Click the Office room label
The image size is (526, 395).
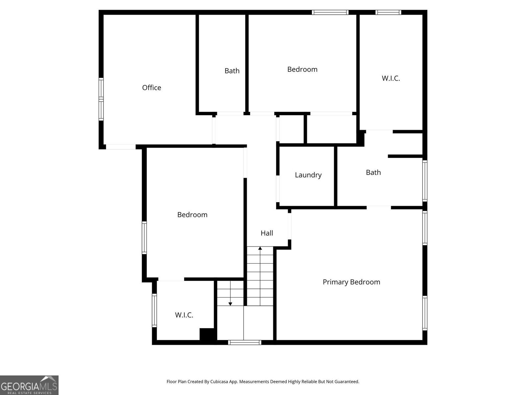152,88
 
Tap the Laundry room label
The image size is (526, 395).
308,175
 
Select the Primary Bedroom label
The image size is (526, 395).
351,282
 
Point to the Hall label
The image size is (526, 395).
267,233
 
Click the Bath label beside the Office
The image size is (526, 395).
232,71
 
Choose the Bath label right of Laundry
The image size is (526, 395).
373,172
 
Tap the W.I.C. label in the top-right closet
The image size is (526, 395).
391,78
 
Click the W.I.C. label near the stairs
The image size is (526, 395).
184,315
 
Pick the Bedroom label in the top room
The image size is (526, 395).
302,69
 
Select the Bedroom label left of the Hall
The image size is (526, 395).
192,215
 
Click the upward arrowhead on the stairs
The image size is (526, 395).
260,248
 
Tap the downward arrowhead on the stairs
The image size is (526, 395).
230,304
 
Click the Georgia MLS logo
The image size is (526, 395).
29,385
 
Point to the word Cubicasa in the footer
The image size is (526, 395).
219,382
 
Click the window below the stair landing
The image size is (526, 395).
245,342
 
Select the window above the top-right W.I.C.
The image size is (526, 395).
388,12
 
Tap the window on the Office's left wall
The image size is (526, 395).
101,99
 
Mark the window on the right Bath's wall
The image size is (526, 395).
425,181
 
